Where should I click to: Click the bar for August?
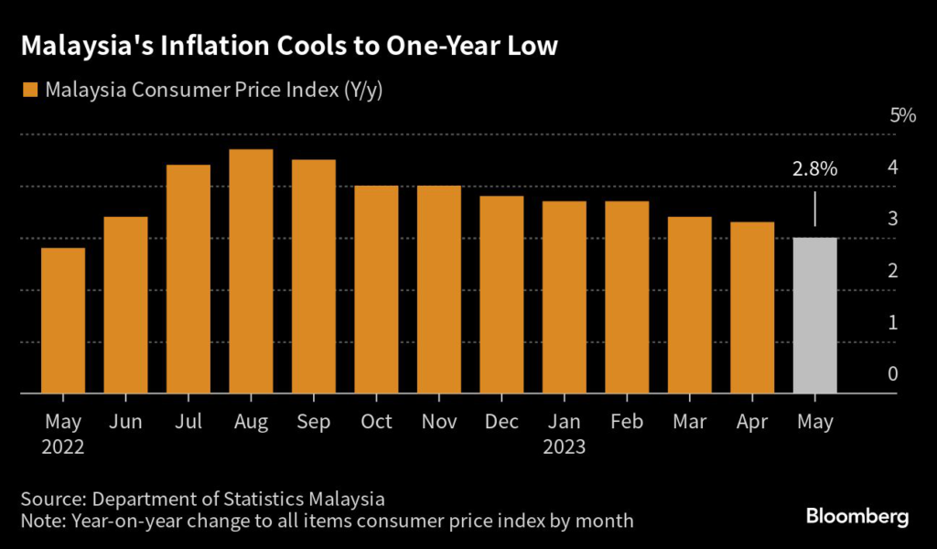(251, 272)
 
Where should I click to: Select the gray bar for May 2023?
(814, 316)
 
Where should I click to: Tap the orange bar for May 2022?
(63, 320)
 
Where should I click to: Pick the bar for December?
(501, 295)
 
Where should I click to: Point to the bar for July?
(188, 279)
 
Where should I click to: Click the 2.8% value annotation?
(814, 169)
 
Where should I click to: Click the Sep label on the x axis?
(314, 422)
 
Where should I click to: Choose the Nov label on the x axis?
(439, 422)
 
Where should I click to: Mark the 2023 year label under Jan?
(565, 447)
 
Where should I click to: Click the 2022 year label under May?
(63, 447)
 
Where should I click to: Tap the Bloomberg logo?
(857, 517)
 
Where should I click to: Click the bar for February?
(627, 297)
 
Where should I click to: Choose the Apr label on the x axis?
(752, 422)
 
